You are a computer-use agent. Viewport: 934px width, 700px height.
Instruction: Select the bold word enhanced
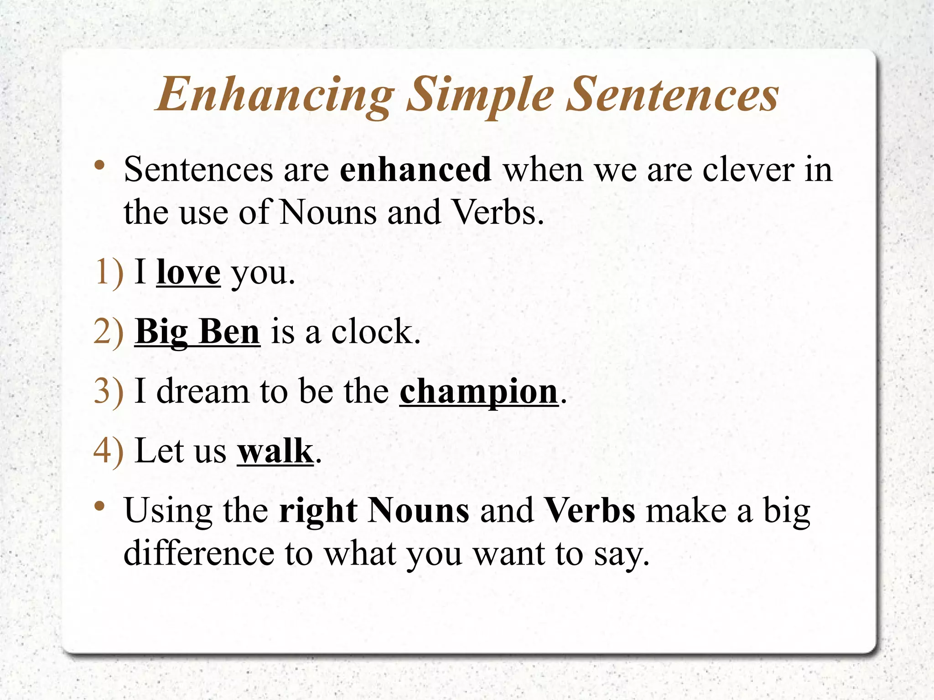pyautogui.click(x=415, y=170)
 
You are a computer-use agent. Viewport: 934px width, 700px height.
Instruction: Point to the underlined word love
pyautogui.click(x=188, y=273)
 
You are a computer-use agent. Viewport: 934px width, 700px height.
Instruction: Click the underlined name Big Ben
pyautogui.click(x=197, y=332)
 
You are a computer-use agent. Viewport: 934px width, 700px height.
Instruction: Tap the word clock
pyautogui.click(x=375, y=332)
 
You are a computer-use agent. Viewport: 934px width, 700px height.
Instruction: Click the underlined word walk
pyautogui.click(x=275, y=451)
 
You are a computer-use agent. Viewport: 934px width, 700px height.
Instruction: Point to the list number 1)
pyautogui.click(x=109, y=273)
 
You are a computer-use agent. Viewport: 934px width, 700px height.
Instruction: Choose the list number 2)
pyautogui.click(x=109, y=332)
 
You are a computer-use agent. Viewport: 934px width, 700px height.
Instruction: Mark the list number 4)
pyautogui.click(x=109, y=451)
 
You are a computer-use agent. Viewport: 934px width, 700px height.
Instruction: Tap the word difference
pyautogui.click(x=199, y=554)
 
